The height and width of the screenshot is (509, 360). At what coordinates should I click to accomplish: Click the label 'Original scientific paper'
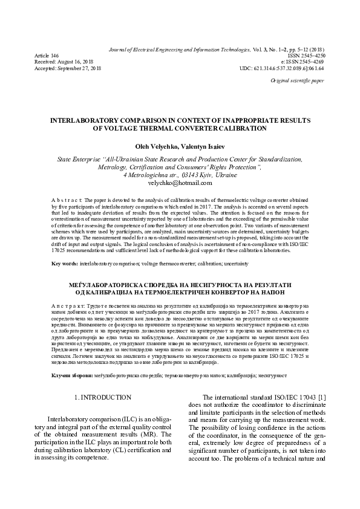(x=297, y=80)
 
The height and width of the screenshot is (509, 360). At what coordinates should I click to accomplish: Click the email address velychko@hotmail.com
(x=180, y=182)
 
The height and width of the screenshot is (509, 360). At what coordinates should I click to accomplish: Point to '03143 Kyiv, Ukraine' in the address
(x=206, y=174)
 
